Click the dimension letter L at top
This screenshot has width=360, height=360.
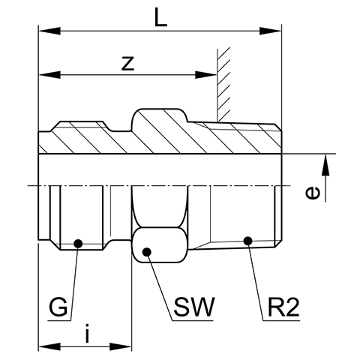click(x=160, y=17)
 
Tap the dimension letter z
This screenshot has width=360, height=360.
click(x=127, y=64)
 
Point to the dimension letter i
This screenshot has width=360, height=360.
click(x=87, y=334)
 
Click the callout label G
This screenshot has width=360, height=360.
click(x=58, y=307)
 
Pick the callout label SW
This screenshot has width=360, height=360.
click(x=194, y=307)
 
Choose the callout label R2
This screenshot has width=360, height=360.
click(x=283, y=307)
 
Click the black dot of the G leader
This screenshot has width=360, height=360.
click(x=78, y=243)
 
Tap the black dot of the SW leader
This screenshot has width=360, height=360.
click(x=147, y=252)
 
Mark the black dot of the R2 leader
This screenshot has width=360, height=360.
click(x=247, y=241)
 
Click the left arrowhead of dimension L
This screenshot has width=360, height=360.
click(x=49, y=31)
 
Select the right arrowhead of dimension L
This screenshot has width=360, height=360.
click(x=270, y=31)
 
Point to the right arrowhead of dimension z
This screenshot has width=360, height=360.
click(x=205, y=75)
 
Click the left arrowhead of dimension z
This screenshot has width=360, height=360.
click(x=49, y=75)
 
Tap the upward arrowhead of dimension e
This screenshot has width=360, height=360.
click(x=325, y=165)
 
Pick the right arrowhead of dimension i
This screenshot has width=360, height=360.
click(x=121, y=346)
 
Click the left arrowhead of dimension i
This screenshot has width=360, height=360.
click(x=49, y=346)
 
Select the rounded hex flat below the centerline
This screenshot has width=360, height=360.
click(x=160, y=245)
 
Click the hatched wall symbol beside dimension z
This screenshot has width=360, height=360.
click(x=223, y=84)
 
